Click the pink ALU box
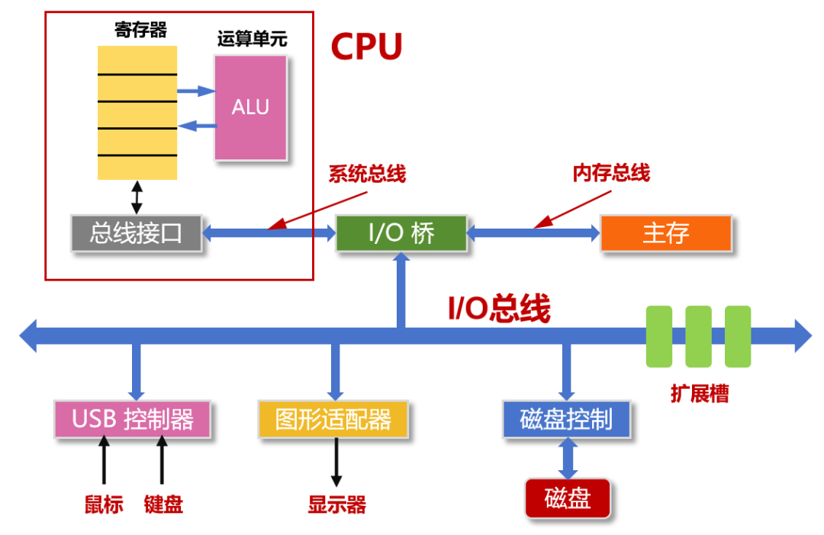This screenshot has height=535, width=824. click(x=251, y=107)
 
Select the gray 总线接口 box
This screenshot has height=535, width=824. click(x=137, y=233)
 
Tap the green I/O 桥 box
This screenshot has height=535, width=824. click(x=401, y=233)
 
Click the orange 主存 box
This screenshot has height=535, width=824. click(x=665, y=233)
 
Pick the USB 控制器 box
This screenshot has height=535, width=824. click(x=133, y=419)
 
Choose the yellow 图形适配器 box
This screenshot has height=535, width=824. click(x=333, y=419)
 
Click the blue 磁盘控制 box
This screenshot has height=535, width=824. click(x=566, y=419)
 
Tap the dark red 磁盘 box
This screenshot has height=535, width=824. click(x=568, y=498)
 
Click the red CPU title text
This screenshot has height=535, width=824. click(x=366, y=47)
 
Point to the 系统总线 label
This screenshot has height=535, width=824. click(x=367, y=174)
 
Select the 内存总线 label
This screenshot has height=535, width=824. click(x=611, y=173)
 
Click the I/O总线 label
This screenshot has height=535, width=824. click(x=498, y=309)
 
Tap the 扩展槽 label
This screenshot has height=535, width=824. click(x=699, y=394)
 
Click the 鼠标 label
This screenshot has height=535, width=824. click(x=104, y=505)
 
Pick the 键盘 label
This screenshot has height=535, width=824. click(x=163, y=505)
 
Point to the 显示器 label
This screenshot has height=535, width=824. click(x=336, y=505)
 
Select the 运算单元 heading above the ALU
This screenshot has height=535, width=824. click(x=253, y=39)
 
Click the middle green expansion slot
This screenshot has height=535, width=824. click(x=698, y=336)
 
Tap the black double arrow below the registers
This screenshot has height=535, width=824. click(x=137, y=197)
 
